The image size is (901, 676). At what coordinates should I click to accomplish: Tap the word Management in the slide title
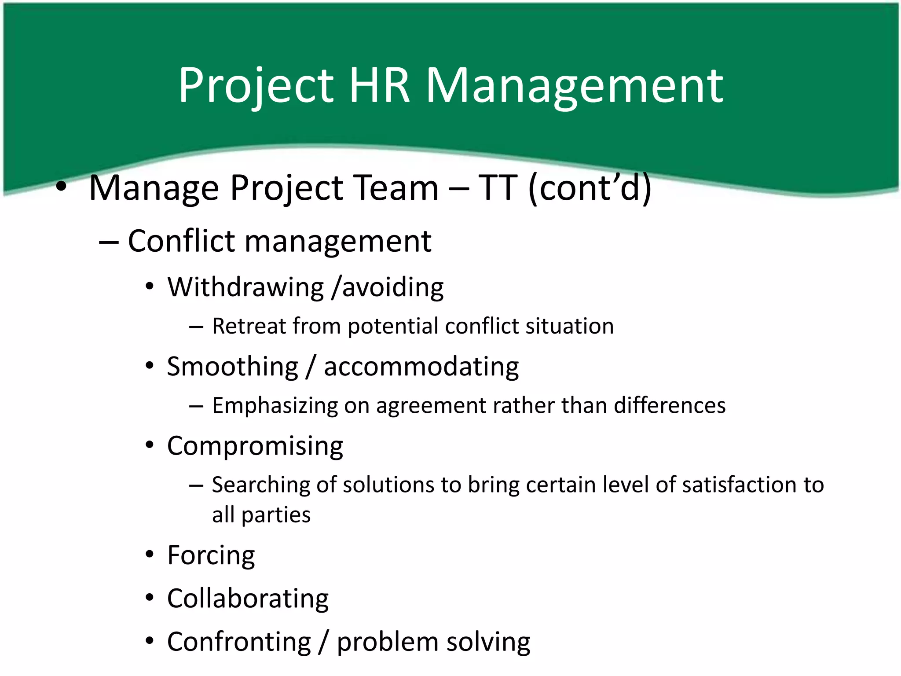click(574, 86)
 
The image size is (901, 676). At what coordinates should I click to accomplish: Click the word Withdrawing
click(245, 287)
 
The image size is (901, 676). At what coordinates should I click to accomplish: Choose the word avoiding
click(393, 287)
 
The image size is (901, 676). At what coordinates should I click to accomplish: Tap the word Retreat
click(249, 326)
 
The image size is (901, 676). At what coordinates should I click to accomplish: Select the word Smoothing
click(233, 367)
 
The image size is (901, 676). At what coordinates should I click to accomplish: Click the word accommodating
click(421, 367)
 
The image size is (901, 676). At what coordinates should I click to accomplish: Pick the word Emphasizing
click(275, 406)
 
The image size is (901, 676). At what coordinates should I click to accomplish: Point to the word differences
click(670, 405)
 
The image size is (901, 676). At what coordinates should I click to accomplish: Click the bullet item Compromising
click(255, 446)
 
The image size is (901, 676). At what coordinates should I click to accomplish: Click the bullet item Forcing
click(211, 555)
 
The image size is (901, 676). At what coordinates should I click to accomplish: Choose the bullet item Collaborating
click(248, 599)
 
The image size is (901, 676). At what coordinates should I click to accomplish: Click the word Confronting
click(239, 642)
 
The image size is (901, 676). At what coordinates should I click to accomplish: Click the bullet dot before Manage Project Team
click(61, 187)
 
